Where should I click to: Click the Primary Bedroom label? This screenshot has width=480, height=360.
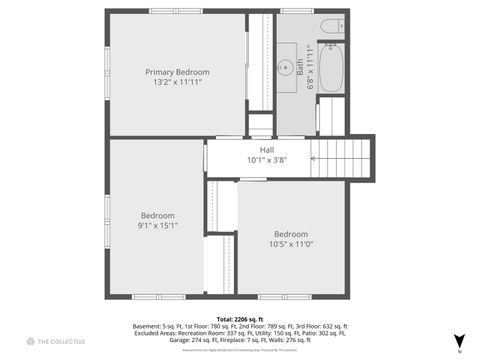(178, 72)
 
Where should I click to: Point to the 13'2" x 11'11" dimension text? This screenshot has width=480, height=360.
(178, 82)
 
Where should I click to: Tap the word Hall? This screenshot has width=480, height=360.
(267, 149)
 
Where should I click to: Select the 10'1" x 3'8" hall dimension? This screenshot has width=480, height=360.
(267, 159)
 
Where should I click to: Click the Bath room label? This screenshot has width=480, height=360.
(299, 67)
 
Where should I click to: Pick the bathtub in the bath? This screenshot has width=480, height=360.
(331, 66)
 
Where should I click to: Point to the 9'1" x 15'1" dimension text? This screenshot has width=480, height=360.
(158, 225)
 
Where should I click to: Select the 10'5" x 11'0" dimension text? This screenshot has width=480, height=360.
(291, 244)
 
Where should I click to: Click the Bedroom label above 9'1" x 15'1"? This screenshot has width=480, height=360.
(158, 215)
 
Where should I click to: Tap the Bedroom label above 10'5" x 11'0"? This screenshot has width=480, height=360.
(291, 234)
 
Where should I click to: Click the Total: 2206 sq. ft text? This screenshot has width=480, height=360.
(240, 318)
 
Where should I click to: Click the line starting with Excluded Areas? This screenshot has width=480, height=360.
(240, 333)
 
